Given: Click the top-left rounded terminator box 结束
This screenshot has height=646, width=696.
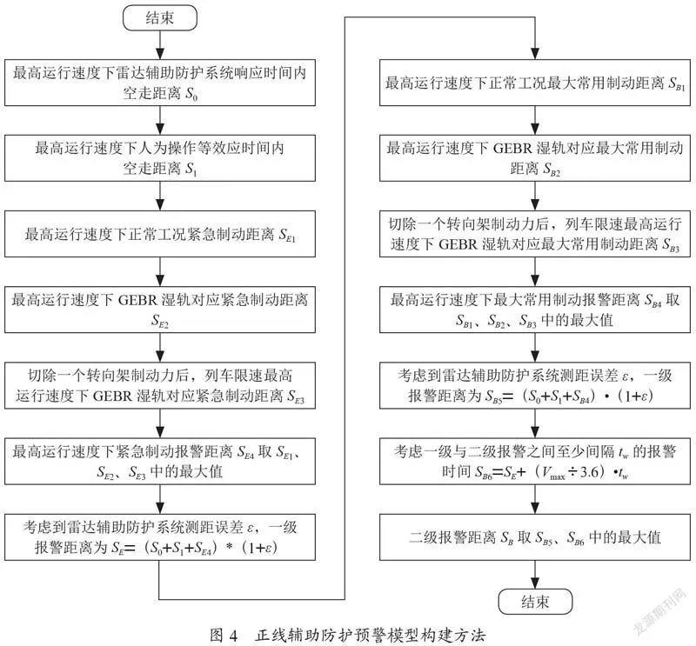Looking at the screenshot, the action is click(x=160, y=17).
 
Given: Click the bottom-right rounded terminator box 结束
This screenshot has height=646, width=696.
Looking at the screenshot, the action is click(x=535, y=602).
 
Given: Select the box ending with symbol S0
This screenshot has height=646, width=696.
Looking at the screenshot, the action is click(x=160, y=83).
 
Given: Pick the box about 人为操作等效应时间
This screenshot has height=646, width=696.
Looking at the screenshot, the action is click(x=160, y=158).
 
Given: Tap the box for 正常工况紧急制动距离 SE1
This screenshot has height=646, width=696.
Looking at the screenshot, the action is click(x=160, y=234).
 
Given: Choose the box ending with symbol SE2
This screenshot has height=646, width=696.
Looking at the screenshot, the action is click(x=160, y=310).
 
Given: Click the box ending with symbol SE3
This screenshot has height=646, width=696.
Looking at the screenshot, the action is click(x=160, y=385).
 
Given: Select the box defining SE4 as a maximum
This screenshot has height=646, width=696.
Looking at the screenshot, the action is click(x=160, y=462).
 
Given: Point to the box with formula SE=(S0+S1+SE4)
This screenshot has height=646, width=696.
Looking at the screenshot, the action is click(x=160, y=537).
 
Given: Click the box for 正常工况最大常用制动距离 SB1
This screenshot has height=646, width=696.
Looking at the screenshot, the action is click(x=535, y=83).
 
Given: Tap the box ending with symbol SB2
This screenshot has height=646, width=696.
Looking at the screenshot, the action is click(x=535, y=158).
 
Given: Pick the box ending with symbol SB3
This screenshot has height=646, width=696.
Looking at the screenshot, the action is click(x=535, y=234).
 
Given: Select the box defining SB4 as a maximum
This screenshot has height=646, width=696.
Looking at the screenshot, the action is click(x=535, y=310).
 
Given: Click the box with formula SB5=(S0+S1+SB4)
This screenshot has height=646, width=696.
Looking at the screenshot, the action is click(x=535, y=385).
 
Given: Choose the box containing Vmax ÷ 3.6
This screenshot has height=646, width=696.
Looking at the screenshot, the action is click(x=535, y=462).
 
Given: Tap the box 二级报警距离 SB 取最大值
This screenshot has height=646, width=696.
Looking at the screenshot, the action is click(x=535, y=537).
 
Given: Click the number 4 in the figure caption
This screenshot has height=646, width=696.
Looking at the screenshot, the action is click(x=234, y=636).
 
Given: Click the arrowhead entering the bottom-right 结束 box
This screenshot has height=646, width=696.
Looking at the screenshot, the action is click(x=535, y=583).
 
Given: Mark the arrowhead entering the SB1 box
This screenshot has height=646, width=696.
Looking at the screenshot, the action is click(x=535, y=53).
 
